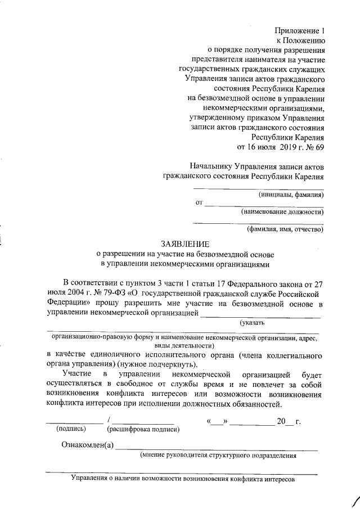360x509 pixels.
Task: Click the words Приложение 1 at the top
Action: click(300, 30)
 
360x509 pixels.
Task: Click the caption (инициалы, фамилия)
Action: click(291, 195)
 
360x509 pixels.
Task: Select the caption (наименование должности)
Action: click(282, 212)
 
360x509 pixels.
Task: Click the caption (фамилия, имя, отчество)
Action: click(285, 229)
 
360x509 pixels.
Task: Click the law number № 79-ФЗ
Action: click(96, 294)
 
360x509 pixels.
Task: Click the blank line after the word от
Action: click(263, 205)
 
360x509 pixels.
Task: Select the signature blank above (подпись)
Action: click(74, 421)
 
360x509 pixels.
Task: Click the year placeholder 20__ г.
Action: click(289, 421)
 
